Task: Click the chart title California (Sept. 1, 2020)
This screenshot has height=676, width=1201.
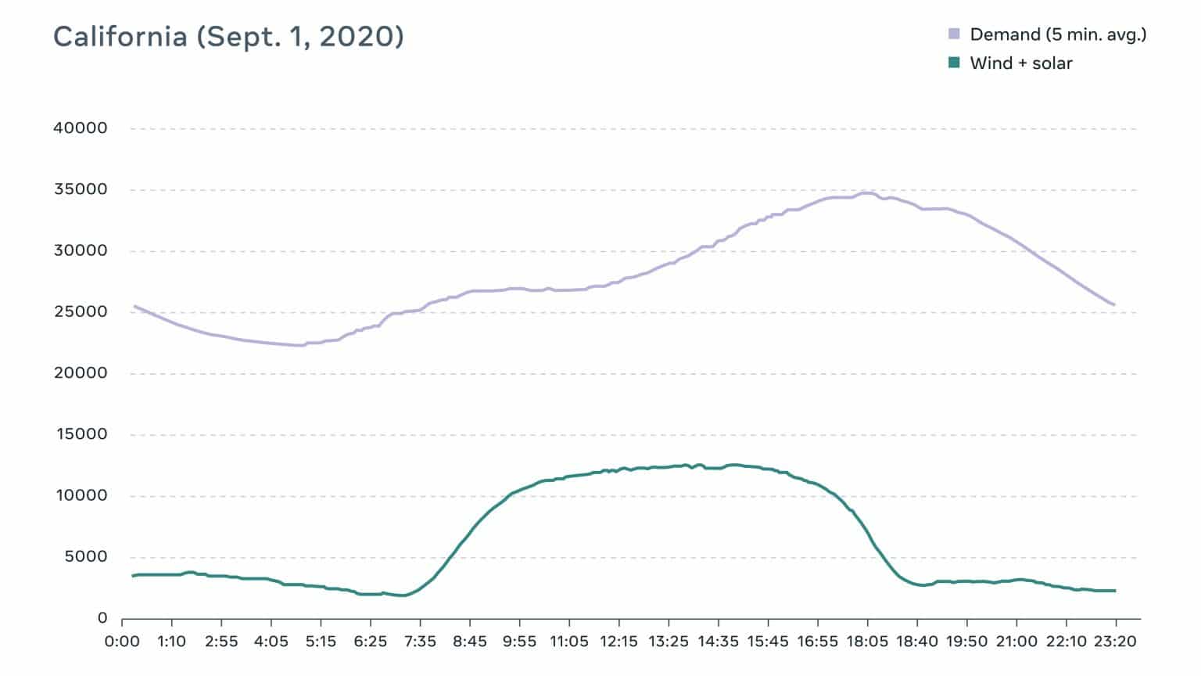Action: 228,37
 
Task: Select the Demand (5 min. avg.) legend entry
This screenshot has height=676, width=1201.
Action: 1057,34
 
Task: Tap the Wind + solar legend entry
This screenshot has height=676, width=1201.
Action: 1020,63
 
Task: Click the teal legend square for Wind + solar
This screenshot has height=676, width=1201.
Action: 954,63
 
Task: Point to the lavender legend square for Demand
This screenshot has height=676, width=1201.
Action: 954,34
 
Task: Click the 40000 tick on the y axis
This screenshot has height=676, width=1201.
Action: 80,128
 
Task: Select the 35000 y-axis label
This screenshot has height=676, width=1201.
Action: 80,189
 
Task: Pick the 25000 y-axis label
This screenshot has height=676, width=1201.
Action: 80,312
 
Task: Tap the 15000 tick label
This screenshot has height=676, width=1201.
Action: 81,434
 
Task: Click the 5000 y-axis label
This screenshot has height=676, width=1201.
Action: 85,557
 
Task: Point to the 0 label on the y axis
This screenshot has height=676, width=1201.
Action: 102,618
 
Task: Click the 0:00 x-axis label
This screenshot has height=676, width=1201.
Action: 122,642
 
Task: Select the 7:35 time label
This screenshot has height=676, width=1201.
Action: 420,642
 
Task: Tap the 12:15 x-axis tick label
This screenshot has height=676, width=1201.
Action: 618,642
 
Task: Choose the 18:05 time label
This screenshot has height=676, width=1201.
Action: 867,642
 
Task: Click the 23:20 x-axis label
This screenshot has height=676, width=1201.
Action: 1115,642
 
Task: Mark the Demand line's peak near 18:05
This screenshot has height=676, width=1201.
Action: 865,192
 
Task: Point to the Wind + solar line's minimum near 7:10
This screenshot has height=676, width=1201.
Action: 402,595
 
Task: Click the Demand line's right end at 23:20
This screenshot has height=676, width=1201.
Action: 1114,304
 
